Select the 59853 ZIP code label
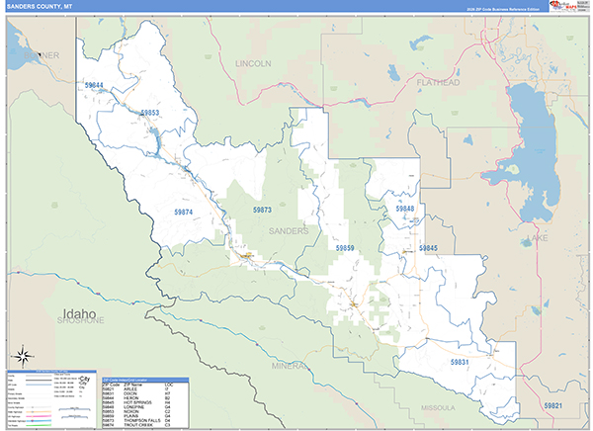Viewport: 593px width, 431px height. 149,114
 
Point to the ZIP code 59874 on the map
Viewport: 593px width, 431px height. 184,212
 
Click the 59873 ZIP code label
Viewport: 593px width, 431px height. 262,210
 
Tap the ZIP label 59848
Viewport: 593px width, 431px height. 405,210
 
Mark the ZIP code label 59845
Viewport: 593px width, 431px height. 428,247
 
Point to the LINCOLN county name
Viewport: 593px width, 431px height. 252,63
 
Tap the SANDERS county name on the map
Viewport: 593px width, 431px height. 289,230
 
